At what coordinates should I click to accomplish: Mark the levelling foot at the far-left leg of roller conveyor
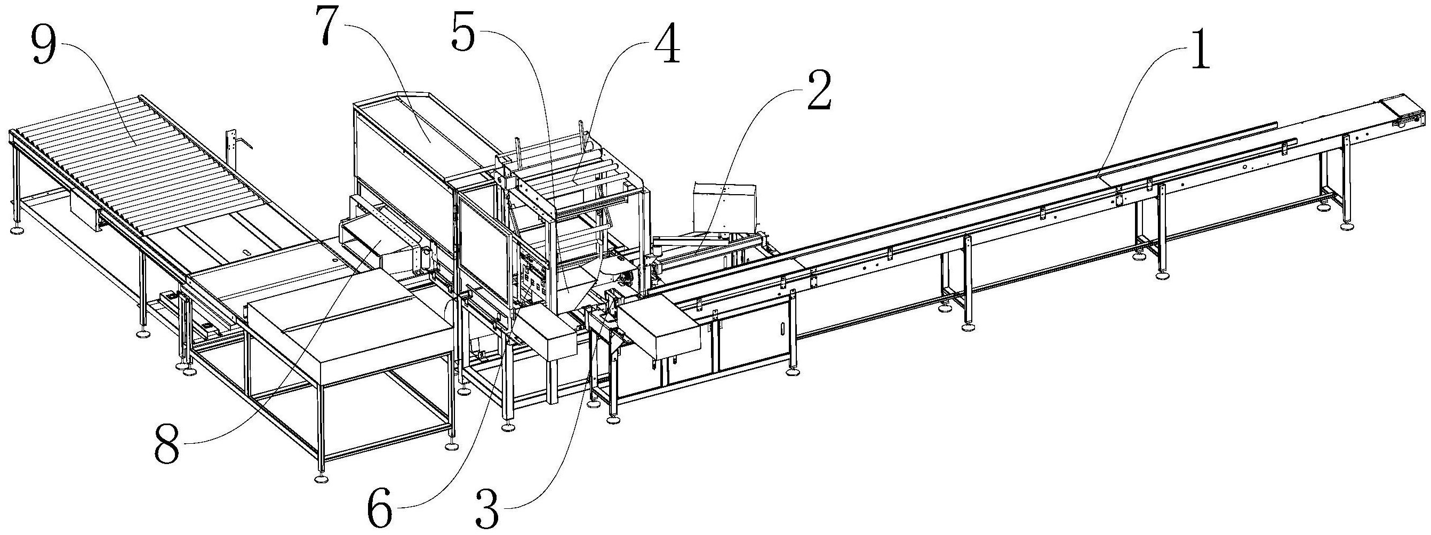point(18,228)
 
